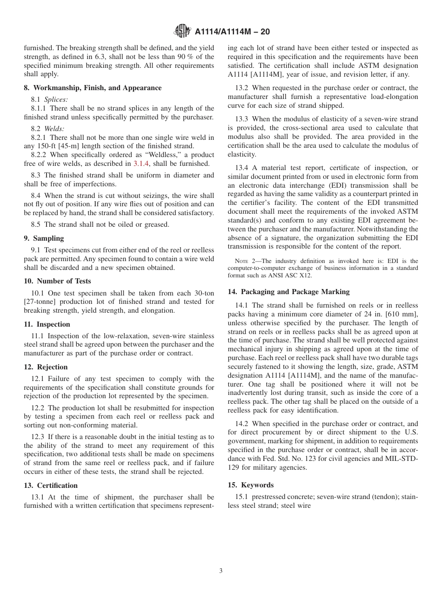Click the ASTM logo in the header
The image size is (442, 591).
coord(182,31)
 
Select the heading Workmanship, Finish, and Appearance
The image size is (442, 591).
coord(93,88)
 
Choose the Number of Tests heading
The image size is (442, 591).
coord(57,281)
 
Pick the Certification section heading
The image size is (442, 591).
coord(51,486)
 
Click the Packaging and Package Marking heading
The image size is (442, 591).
coord(288,292)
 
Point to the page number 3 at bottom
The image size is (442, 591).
coord(221,571)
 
